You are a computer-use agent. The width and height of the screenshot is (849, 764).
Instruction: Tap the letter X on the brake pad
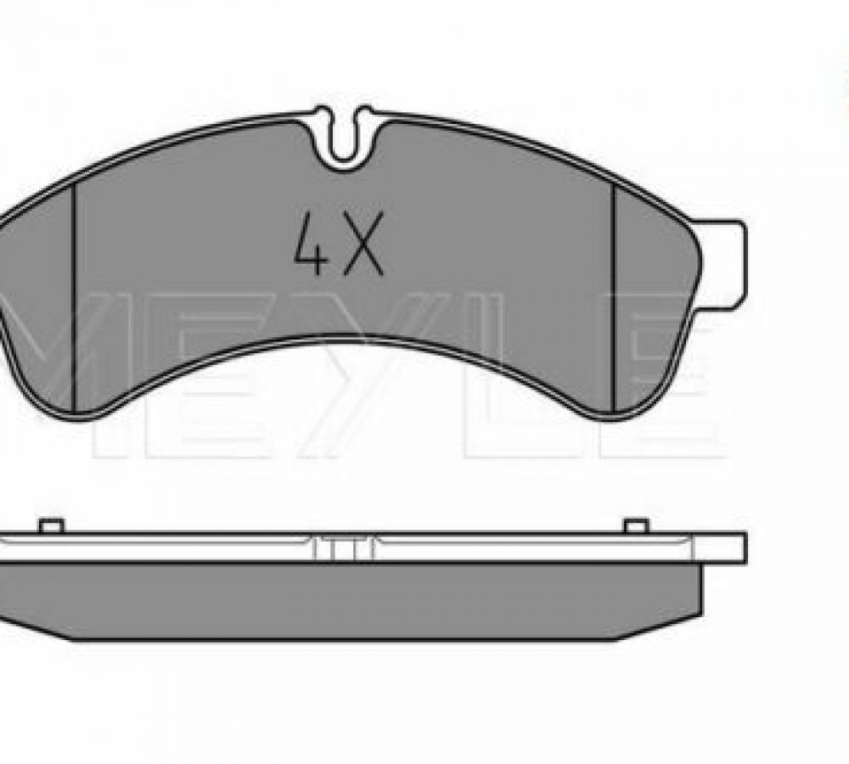coord(364,243)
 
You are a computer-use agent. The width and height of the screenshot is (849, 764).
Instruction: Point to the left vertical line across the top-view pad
coord(74,297)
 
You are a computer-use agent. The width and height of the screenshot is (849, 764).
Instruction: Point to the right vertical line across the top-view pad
coord(614,297)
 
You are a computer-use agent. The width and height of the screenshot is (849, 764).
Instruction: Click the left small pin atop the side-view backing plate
coord(52,525)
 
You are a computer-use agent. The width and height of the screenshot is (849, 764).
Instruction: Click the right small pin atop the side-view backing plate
coord(637,525)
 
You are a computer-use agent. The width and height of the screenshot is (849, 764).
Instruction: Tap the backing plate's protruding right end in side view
coord(720,547)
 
